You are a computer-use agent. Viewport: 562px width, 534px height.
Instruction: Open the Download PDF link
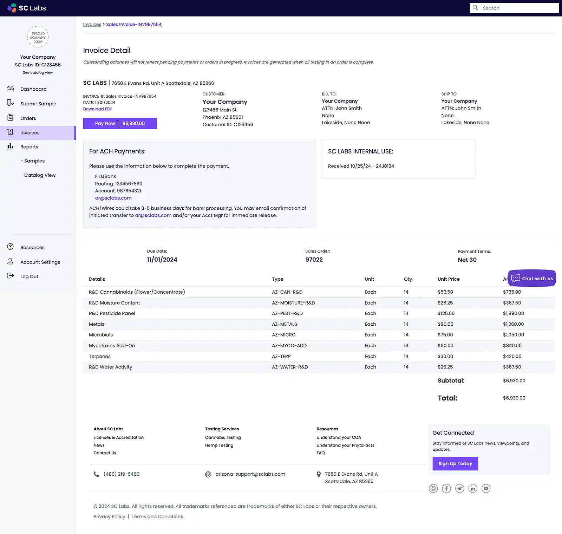(98, 109)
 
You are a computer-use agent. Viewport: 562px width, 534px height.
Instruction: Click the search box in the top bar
(514, 8)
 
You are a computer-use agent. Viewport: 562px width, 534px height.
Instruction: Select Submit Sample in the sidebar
(38, 104)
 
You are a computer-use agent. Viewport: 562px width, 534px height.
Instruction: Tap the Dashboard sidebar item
(33, 89)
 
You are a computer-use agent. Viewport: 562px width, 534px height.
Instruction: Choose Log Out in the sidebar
(29, 276)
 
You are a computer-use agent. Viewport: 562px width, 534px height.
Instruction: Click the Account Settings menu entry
(40, 262)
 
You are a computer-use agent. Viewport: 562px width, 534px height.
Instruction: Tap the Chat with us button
(532, 279)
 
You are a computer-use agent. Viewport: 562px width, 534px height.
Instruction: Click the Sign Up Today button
(455, 464)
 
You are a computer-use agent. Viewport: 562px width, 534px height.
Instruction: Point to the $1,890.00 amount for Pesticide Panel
(513, 313)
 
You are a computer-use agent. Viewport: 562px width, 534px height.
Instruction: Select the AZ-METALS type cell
(285, 324)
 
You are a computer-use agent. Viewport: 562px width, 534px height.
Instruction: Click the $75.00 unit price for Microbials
(445, 335)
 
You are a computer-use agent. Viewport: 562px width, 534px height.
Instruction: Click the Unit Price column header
(449, 279)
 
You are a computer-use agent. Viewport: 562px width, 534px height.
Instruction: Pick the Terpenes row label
(100, 356)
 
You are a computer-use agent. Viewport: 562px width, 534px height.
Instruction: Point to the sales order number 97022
(314, 260)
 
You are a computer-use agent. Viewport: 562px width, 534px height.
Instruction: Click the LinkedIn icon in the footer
(473, 488)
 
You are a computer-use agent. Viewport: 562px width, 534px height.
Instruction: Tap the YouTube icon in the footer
(486, 488)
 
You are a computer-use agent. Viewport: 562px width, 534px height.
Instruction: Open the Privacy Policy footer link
(109, 516)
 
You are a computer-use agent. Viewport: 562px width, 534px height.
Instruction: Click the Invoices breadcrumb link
(92, 25)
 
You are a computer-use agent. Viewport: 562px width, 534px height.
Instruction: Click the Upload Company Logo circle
(38, 37)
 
